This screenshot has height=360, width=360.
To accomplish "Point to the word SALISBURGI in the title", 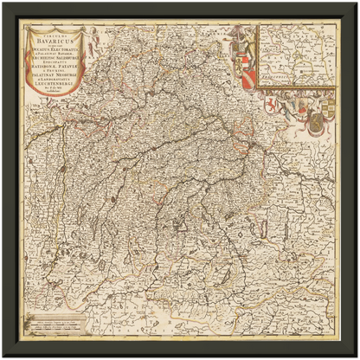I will pyautogui.click(x=74, y=57).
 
